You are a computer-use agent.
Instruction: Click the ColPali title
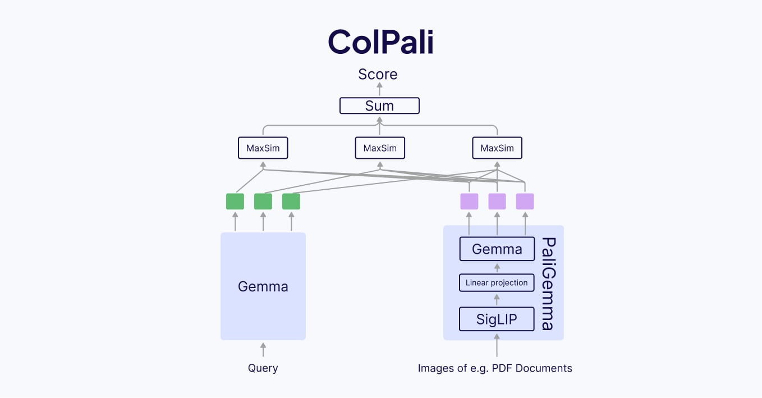coord(380,42)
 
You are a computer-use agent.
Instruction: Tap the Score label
coord(378,74)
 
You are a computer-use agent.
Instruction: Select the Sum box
coord(379,106)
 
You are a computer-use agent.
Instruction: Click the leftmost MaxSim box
coord(263,148)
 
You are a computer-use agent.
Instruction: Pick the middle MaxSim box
coord(380,148)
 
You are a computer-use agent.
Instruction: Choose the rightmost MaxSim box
coord(497,148)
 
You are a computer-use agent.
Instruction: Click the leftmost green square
coord(235,202)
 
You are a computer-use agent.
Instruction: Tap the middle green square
coord(263,202)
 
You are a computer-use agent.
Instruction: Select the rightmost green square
coord(291,202)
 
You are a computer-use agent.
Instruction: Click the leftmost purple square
coord(469,202)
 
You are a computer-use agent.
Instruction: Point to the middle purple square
coord(497,202)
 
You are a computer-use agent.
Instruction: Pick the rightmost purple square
coord(525,202)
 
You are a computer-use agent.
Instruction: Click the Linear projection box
coord(497,283)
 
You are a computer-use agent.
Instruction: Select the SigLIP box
coord(497,319)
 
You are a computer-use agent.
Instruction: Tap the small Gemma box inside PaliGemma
coord(497,249)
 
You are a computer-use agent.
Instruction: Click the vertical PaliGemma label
coord(548,283)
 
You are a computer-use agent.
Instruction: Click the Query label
coord(263,368)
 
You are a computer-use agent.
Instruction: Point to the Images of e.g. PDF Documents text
coord(495,368)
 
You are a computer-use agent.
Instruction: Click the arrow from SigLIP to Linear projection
coord(497,300)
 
